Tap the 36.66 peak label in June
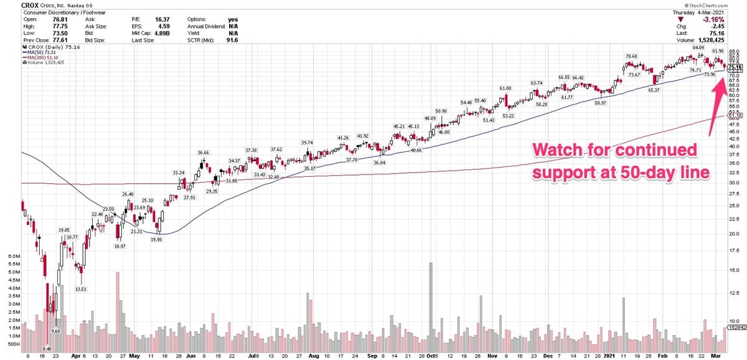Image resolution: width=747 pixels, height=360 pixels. tap(204, 153)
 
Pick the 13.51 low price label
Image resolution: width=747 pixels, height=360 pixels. tap(80, 289)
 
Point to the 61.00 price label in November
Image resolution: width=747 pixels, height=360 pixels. tap(505, 88)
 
